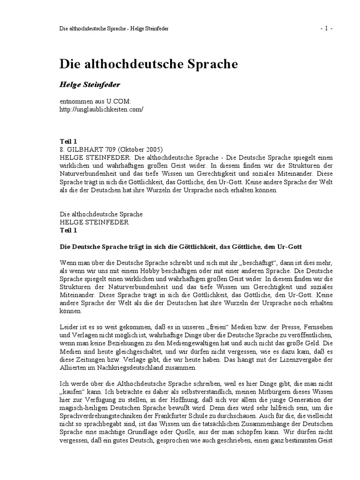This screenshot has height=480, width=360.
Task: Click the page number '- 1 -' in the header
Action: pyautogui.click(x=326, y=29)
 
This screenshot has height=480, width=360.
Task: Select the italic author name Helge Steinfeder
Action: pyautogui.click(x=90, y=85)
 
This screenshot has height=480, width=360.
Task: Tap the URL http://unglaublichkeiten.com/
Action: pyautogui.click(x=101, y=109)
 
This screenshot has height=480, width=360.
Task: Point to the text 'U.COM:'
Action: pyautogui.click(x=120, y=102)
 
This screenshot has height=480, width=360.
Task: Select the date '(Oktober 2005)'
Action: pyautogui.click(x=140, y=150)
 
